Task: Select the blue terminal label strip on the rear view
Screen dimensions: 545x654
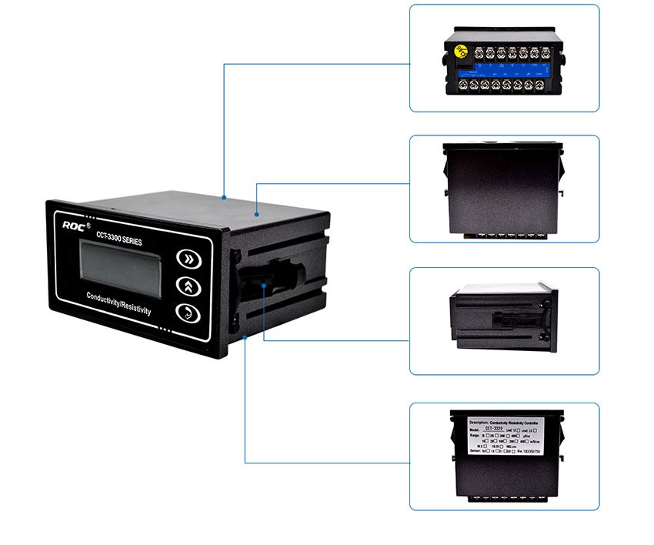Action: coord(504,68)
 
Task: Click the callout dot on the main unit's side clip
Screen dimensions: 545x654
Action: coord(264,285)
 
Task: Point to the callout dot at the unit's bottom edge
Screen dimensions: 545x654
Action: coord(245,336)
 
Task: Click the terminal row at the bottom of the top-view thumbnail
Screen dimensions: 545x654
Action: coord(504,234)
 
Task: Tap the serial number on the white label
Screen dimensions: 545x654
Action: coord(526,450)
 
